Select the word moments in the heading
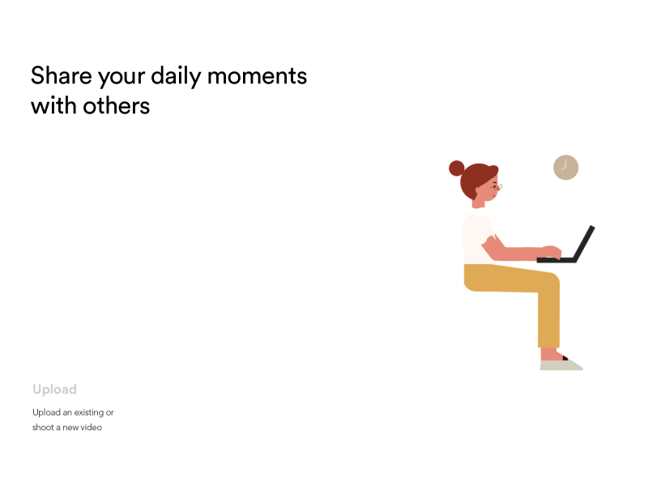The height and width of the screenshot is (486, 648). pos(257,76)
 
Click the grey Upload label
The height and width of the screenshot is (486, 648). pos(54,390)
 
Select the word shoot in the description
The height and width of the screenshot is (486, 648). pos(44,427)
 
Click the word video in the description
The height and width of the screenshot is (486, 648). pos(91,427)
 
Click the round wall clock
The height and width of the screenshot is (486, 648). pos(565,168)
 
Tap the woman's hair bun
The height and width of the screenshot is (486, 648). pos(457,168)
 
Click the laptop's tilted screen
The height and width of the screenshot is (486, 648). pos(585,242)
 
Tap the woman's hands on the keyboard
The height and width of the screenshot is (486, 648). pos(550,252)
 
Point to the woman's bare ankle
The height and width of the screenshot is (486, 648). pos(549,354)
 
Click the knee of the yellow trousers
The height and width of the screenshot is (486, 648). pos(550,283)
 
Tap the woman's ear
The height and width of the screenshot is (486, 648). pos(479,193)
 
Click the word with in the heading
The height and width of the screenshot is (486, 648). pos(53,105)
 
